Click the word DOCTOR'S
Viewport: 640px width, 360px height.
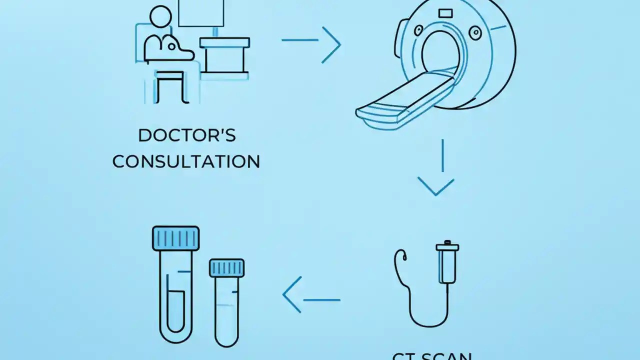[186, 135]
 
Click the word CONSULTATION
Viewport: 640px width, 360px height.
[186, 161]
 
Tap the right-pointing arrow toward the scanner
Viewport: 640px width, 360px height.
[311, 44]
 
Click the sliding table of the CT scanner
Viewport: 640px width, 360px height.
[400, 100]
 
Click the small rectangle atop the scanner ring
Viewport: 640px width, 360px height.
[445, 12]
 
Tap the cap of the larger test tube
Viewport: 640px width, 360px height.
[175, 237]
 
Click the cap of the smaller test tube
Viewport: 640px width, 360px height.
[226, 268]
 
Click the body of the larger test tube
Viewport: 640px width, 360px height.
[175, 295]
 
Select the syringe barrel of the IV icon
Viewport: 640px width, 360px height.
[447, 265]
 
